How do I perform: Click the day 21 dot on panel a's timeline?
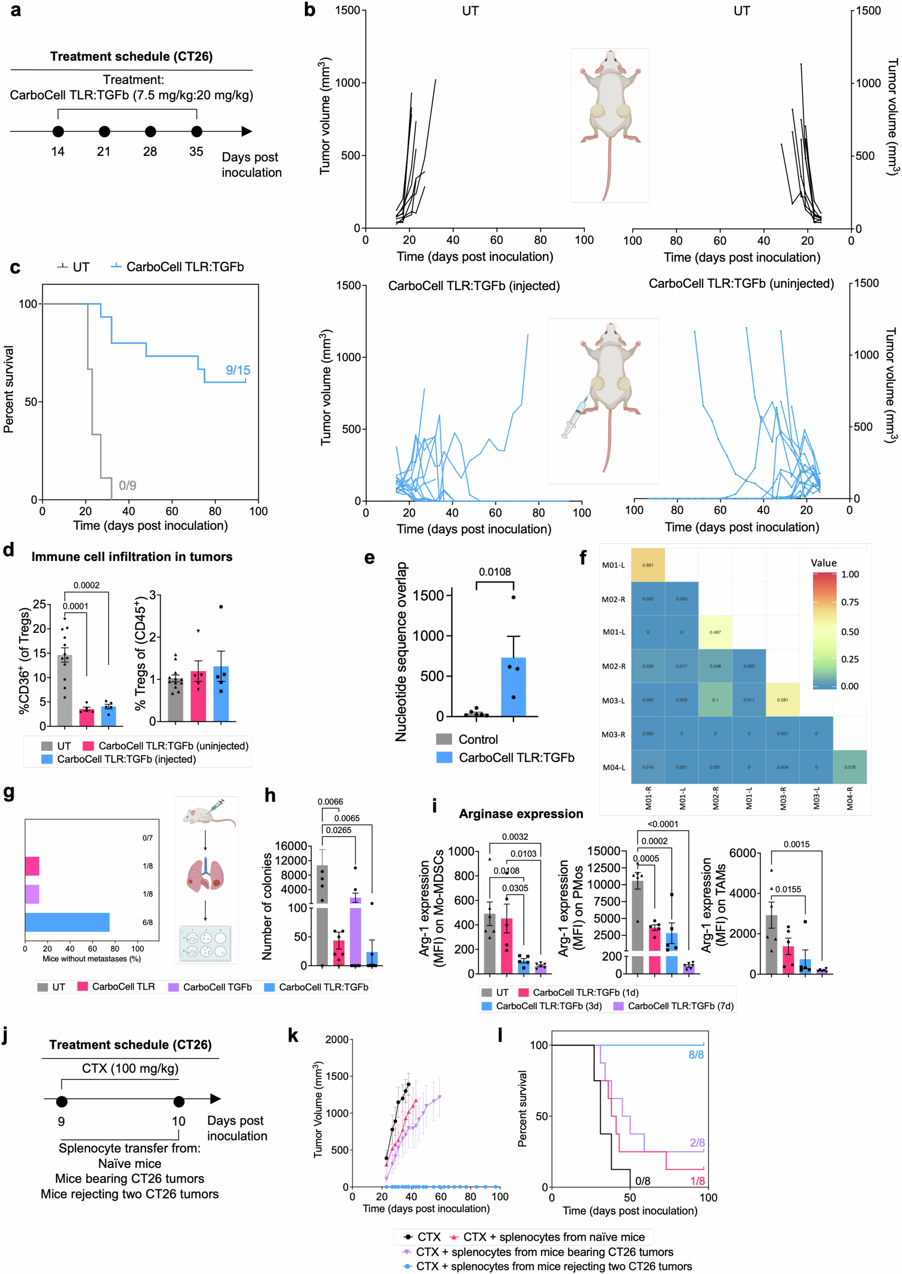pyautogui.click(x=104, y=131)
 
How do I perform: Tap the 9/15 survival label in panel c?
pyautogui.click(x=238, y=370)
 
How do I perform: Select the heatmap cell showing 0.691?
pyautogui.click(x=648, y=565)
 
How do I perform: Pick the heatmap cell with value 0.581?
pyautogui.click(x=782, y=700)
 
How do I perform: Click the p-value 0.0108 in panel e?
pyautogui.click(x=495, y=572)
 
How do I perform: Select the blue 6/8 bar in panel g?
pyautogui.click(x=67, y=922)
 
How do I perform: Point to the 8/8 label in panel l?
pyautogui.click(x=696, y=1054)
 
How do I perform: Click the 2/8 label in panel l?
pyautogui.click(x=697, y=1143)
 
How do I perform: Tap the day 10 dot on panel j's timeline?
pyautogui.click(x=179, y=1101)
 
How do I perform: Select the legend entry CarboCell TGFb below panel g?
pyautogui.click(x=217, y=987)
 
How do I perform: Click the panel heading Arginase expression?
pyautogui.click(x=521, y=814)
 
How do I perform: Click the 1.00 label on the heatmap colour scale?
pyautogui.click(x=850, y=574)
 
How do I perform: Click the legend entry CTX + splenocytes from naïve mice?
pyautogui.click(x=553, y=1237)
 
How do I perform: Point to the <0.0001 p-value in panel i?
pyautogui.click(x=663, y=824)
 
